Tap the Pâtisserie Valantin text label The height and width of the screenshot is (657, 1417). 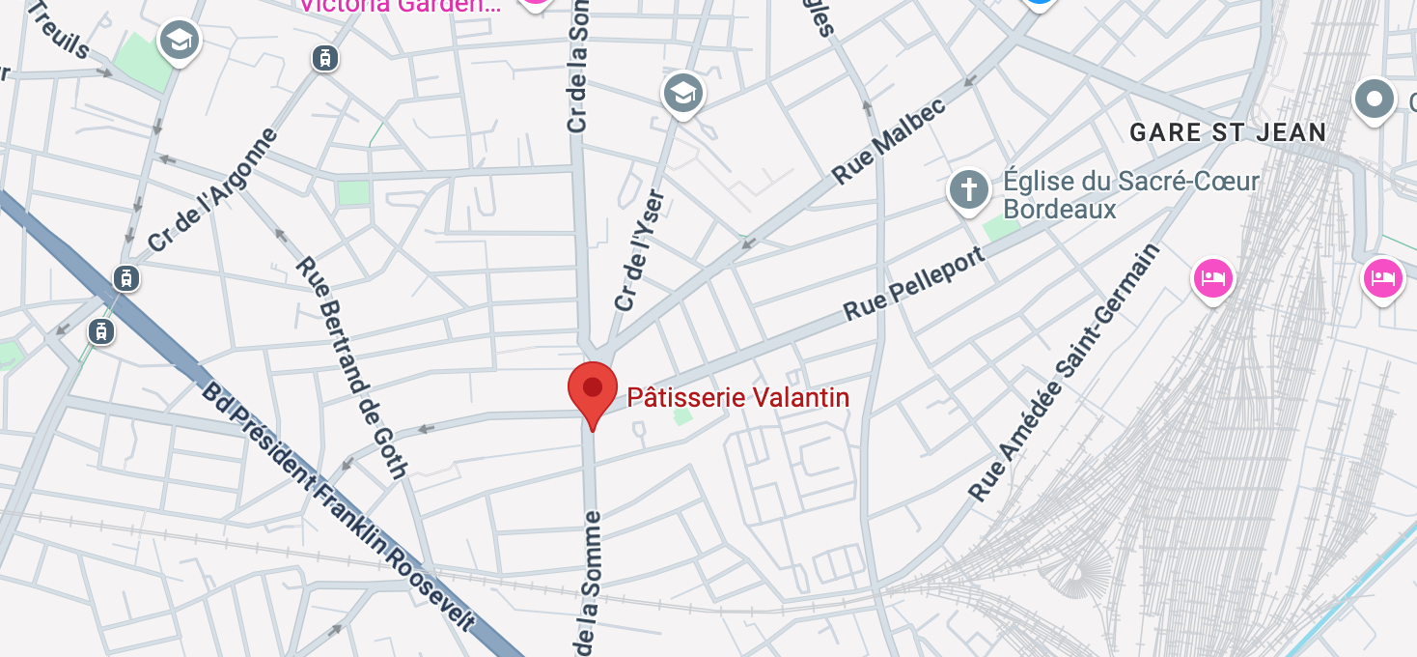738,397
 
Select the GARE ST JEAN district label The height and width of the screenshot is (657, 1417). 1228,132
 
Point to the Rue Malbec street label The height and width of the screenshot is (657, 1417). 889,140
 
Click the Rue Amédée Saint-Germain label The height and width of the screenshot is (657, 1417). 1063,372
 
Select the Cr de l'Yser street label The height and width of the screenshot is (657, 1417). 639,251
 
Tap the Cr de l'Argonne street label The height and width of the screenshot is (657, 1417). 213,190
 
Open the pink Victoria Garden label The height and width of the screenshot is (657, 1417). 400,5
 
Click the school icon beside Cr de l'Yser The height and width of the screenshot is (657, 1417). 683,94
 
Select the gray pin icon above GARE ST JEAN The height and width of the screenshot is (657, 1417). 1375,99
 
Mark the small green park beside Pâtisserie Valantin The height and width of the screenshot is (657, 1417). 682,416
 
